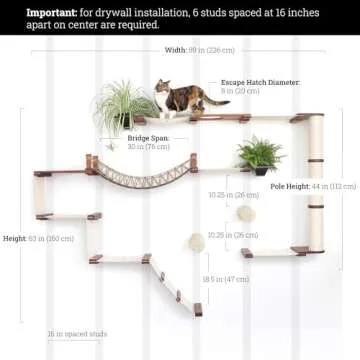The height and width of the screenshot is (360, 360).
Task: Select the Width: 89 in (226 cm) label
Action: point(200,49)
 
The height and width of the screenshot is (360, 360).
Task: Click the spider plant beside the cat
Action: point(125,104)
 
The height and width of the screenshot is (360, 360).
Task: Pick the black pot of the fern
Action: point(263,170)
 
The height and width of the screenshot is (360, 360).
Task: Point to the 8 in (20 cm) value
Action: point(240,90)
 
